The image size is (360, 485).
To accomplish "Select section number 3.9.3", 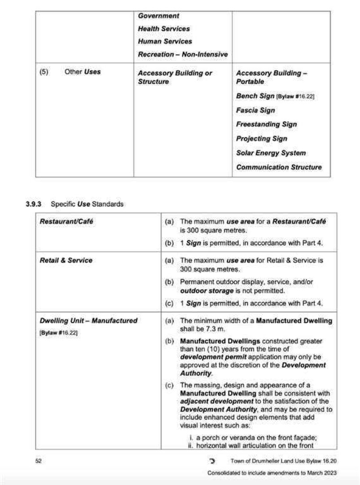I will point(34,204).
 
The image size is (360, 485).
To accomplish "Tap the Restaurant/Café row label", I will point(66,221).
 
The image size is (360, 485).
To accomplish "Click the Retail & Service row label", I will point(66,260).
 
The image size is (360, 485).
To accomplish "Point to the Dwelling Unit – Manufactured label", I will point(88,321).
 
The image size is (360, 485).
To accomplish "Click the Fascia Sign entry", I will point(255,110).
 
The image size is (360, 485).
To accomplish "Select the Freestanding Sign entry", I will point(266,124).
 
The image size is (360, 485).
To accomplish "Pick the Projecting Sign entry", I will point(261,138).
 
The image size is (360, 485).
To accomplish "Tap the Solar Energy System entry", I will point(271,153).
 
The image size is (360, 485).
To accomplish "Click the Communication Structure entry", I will point(279,167).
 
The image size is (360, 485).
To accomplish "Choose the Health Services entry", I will point(164,28).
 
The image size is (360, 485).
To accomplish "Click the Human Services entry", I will point(165,41).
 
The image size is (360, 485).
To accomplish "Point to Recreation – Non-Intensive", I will point(183,54).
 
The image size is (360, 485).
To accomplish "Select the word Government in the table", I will point(158,16).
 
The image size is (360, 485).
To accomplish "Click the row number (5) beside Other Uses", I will point(43,71).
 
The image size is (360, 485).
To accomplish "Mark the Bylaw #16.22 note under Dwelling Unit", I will point(58,333).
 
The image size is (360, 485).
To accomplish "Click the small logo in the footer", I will point(212,461).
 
